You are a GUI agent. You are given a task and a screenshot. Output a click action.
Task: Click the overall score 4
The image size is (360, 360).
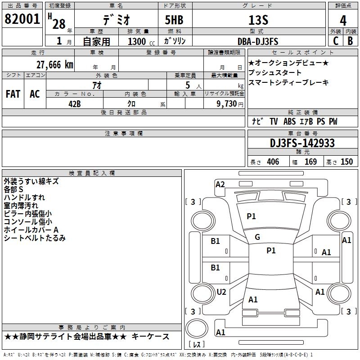343,20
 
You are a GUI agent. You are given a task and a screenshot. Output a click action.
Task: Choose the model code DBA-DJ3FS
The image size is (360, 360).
258,41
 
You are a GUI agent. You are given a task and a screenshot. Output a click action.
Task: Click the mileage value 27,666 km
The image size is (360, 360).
55,64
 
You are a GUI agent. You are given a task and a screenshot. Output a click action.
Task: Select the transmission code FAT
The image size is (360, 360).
13,94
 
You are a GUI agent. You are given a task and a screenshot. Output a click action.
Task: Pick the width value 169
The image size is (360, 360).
310,162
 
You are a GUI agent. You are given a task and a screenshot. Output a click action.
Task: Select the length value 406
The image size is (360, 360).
272,162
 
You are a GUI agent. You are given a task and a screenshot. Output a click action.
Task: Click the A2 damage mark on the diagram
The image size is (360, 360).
220,184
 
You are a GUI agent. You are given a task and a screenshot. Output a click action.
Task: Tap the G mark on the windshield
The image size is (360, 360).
257,237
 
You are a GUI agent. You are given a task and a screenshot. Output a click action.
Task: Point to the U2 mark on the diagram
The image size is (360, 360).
221,292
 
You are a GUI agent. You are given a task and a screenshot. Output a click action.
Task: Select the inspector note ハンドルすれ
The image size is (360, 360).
24,198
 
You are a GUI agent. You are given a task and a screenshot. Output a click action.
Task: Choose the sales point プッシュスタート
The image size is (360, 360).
275,72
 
